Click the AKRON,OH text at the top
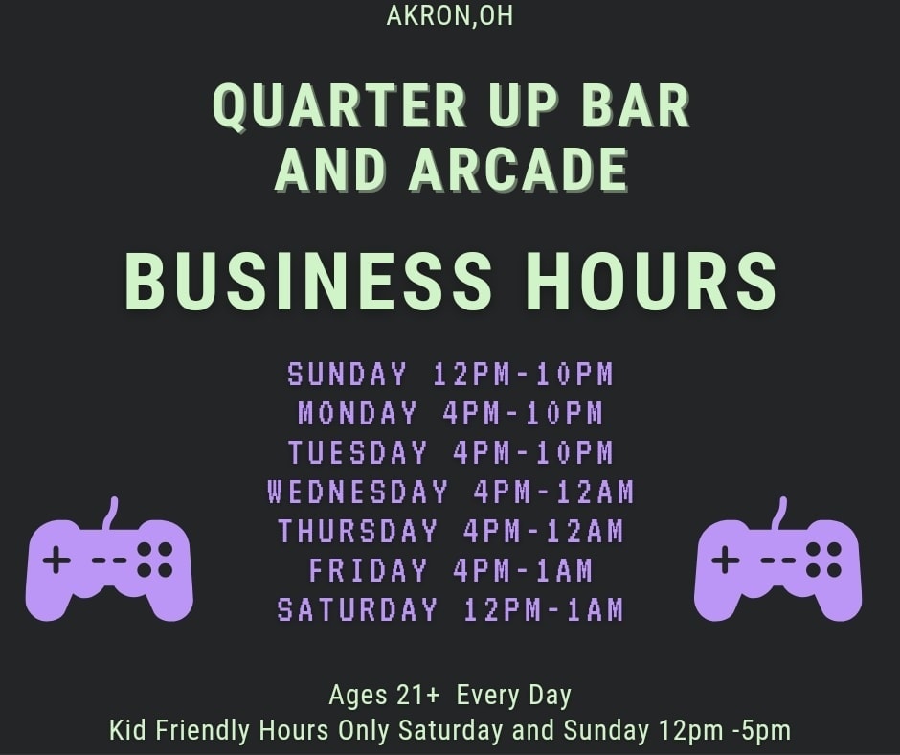449,15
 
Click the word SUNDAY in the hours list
347,374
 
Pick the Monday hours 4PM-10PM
523,413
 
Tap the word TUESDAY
357,452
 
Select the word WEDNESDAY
357,492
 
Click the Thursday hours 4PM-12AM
544,531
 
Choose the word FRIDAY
368,570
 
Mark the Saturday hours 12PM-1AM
544,609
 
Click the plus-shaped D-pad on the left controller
56,560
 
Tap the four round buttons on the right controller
823,560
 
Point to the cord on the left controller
112,514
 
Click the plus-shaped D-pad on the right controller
725,560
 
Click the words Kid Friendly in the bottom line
179,730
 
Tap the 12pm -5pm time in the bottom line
725,730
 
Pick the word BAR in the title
636,105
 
